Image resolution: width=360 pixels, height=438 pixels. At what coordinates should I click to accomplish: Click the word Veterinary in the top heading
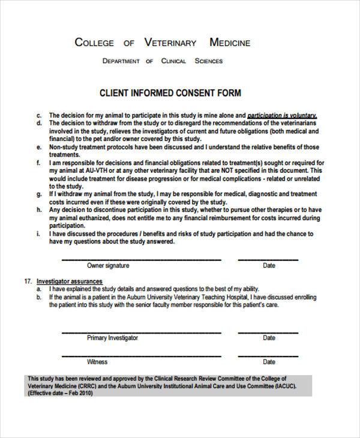click(x=170, y=43)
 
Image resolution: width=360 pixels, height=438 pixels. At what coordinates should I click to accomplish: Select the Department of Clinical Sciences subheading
click(x=162, y=61)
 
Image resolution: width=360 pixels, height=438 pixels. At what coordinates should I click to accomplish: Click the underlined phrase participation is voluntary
click(x=282, y=115)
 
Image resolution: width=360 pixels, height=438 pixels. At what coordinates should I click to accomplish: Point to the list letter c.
click(x=39, y=115)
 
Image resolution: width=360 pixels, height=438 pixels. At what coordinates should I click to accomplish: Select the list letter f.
click(x=39, y=163)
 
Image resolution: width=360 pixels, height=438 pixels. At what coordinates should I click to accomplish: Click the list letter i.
click(x=39, y=233)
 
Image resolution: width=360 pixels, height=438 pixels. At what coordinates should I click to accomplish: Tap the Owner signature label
click(x=108, y=265)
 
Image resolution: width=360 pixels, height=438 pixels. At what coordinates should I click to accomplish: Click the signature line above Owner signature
click(x=142, y=259)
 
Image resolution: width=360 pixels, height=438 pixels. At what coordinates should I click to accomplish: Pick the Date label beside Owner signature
click(x=269, y=265)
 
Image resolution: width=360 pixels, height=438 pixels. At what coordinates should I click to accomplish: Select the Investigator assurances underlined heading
click(x=70, y=281)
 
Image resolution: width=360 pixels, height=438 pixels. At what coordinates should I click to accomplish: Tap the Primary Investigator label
click(x=112, y=338)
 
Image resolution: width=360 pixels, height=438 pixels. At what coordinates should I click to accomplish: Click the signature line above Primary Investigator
click(x=142, y=331)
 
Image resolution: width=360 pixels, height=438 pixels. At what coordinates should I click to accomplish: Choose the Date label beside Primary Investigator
click(x=269, y=338)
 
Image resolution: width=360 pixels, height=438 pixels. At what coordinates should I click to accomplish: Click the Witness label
click(x=97, y=362)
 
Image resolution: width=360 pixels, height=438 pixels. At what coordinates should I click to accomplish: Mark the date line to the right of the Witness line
click(x=268, y=355)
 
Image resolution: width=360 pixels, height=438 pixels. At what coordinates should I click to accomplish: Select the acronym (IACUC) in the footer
click(x=268, y=388)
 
